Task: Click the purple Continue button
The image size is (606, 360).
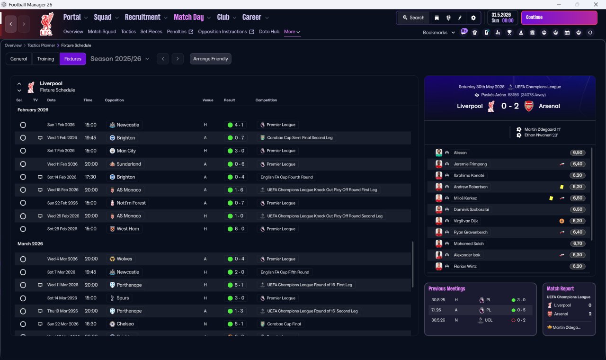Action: coord(559,18)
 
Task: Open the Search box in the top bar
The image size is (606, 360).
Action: coord(413,18)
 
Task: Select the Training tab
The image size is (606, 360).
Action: coord(45,59)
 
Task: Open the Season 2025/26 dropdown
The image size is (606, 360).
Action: coord(120,59)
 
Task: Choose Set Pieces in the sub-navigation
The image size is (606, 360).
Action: coord(151,32)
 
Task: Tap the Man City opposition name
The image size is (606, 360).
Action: coord(126,151)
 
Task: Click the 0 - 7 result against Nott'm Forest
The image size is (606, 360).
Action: coord(239,203)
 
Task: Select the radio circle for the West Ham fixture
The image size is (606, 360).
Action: coord(23,229)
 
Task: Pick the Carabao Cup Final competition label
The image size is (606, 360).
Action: coord(284,324)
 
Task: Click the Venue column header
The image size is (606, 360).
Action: coord(208,100)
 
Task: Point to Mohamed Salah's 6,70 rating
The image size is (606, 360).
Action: coord(577,243)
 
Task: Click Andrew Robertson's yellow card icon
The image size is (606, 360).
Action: coord(561,187)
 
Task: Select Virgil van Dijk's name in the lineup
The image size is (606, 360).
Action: coord(465,221)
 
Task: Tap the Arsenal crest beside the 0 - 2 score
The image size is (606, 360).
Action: coord(529,106)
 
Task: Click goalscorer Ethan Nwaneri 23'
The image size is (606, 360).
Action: coord(541,135)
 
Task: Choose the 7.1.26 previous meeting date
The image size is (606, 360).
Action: coord(436,310)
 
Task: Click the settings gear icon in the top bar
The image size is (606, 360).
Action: coord(473,18)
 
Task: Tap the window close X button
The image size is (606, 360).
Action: coord(596,4)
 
